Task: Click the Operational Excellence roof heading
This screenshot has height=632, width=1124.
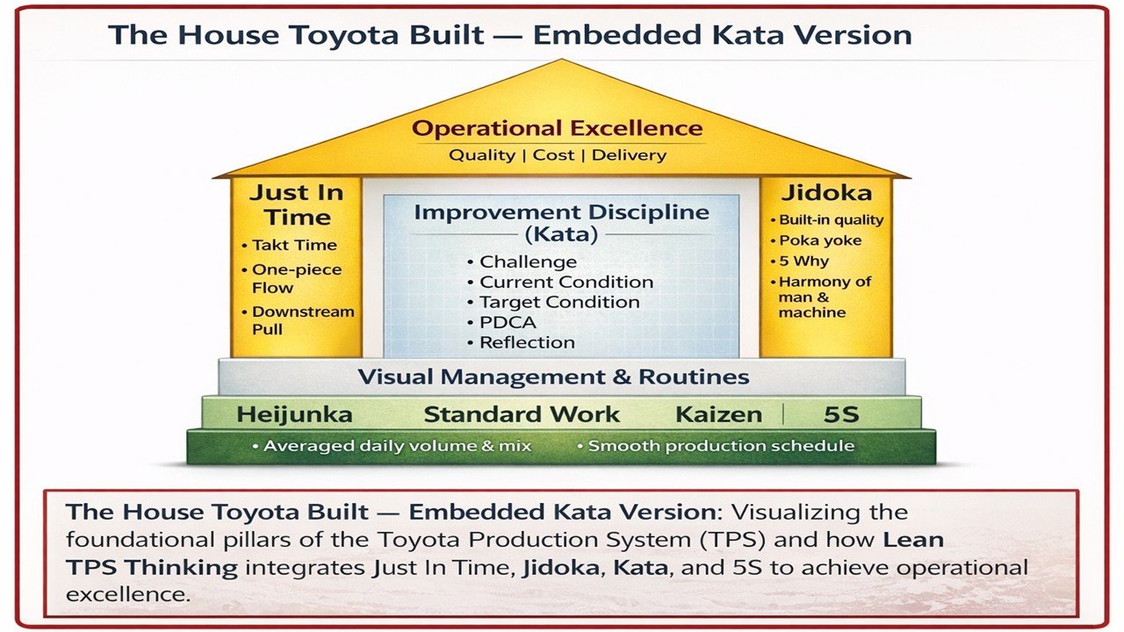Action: pyautogui.click(x=558, y=129)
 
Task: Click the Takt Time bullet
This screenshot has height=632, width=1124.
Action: pyautogui.click(x=294, y=245)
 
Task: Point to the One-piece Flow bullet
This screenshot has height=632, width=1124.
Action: pyautogui.click(x=297, y=278)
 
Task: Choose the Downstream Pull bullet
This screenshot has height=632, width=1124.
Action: pyautogui.click(x=303, y=320)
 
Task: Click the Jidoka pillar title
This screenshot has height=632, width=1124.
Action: pyautogui.click(x=826, y=193)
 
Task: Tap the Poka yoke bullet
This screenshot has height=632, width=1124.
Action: pyautogui.click(x=820, y=241)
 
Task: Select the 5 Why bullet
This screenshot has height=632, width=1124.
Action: pyautogui.click(x=803, y=261)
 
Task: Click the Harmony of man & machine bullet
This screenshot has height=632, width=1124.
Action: pyautogui.click(x=825, y=297)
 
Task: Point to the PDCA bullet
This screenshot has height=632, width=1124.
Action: pyautogui.click(x=508, y=322)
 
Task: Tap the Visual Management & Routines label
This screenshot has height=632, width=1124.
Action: pyautogui.click(x=553, y=377)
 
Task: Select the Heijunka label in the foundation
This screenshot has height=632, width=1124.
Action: pyautogui.click(x=294, y=415)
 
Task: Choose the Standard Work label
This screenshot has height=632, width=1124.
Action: pyautogui.click(x=522, y=415)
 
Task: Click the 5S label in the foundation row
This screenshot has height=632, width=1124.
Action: pyautogui.click(x=840, y=415)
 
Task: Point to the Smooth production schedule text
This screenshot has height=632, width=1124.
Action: pyautogui.click(x=720, y=446)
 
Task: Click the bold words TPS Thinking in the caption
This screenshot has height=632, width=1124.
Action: pyautogui.click(x=152, y=567)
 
